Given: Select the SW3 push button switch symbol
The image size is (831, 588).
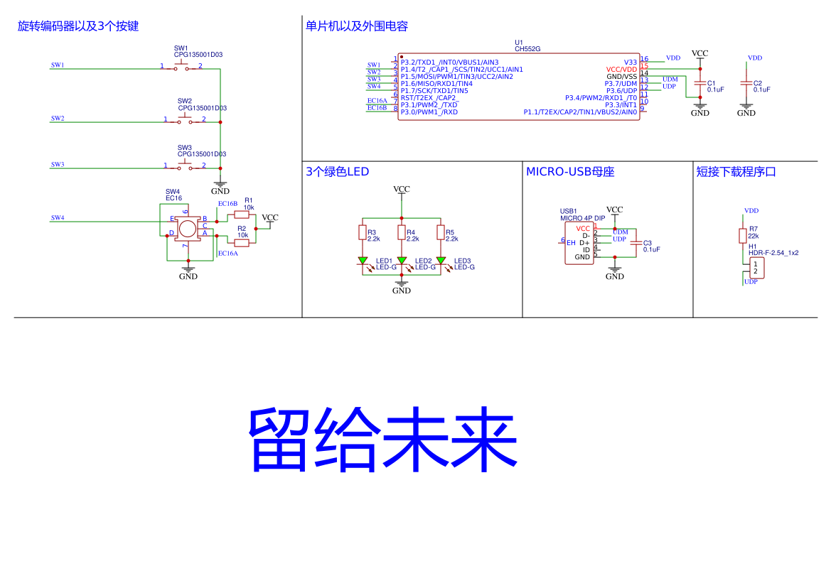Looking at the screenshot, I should (184, 165).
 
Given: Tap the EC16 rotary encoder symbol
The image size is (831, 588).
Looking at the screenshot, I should (187, 228).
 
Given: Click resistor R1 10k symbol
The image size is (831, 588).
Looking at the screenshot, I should (242, 214).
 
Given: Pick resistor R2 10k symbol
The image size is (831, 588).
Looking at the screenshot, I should (242, 242).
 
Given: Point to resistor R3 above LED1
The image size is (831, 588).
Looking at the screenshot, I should (363, 234).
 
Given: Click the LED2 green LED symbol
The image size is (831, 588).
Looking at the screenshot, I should (402, 261).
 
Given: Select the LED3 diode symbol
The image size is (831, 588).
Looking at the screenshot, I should (441, 261).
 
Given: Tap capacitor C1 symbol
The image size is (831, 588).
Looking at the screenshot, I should (700, 82).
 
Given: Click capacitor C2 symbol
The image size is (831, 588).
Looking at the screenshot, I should (746, 82).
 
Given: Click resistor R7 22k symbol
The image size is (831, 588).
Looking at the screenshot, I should (743, 235).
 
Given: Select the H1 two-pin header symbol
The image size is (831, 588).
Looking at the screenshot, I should (755, 268).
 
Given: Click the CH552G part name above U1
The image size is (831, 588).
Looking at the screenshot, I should (527, 49).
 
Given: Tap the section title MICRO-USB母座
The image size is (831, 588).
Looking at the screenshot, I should (569, 172).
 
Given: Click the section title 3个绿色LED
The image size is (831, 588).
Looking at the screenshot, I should (337, 172).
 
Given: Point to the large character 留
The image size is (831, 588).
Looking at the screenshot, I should (279, 440).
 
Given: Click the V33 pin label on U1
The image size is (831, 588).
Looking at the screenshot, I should (630, 62).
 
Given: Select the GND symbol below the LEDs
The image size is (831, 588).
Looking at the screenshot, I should (402, 288).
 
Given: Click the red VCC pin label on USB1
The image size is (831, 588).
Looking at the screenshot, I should (583, 228).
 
